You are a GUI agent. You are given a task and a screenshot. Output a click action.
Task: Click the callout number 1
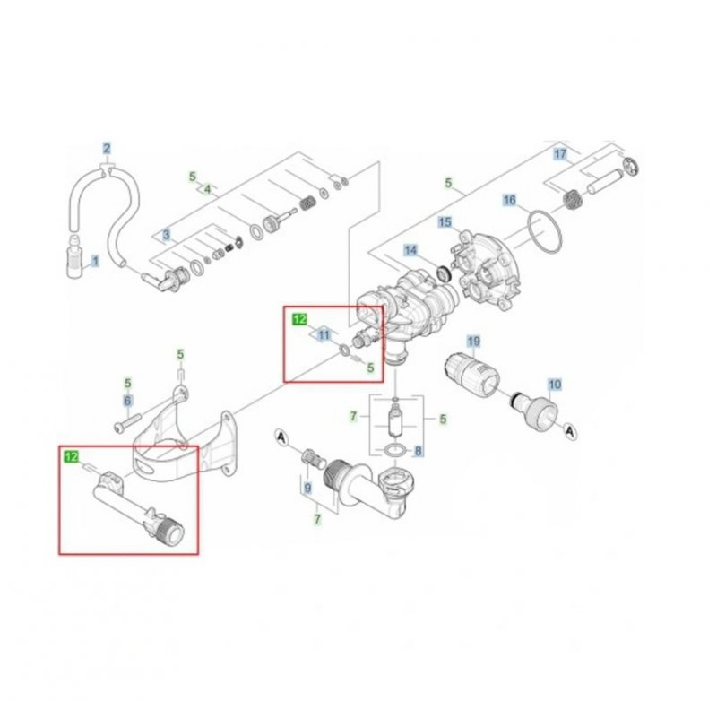click(93, 262)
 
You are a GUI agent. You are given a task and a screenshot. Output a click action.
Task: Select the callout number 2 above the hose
click(107, 148)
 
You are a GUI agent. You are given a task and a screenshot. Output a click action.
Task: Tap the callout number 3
click(166, 235)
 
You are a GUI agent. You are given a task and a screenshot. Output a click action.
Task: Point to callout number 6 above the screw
click(127, 401)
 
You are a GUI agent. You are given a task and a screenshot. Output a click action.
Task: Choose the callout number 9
click(307, 489)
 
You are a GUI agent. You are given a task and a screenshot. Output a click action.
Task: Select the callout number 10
click(555, 385)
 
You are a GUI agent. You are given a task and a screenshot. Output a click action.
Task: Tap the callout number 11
click(324, 334)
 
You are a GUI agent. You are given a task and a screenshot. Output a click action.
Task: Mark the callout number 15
click(445, 221)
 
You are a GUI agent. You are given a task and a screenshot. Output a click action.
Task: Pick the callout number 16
click(509, 201)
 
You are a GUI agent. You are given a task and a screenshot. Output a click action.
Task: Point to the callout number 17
click(560, 154)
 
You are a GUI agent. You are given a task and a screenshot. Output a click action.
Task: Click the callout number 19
click(473, 342)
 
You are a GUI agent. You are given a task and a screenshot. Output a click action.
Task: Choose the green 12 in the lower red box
click(70, 457)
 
